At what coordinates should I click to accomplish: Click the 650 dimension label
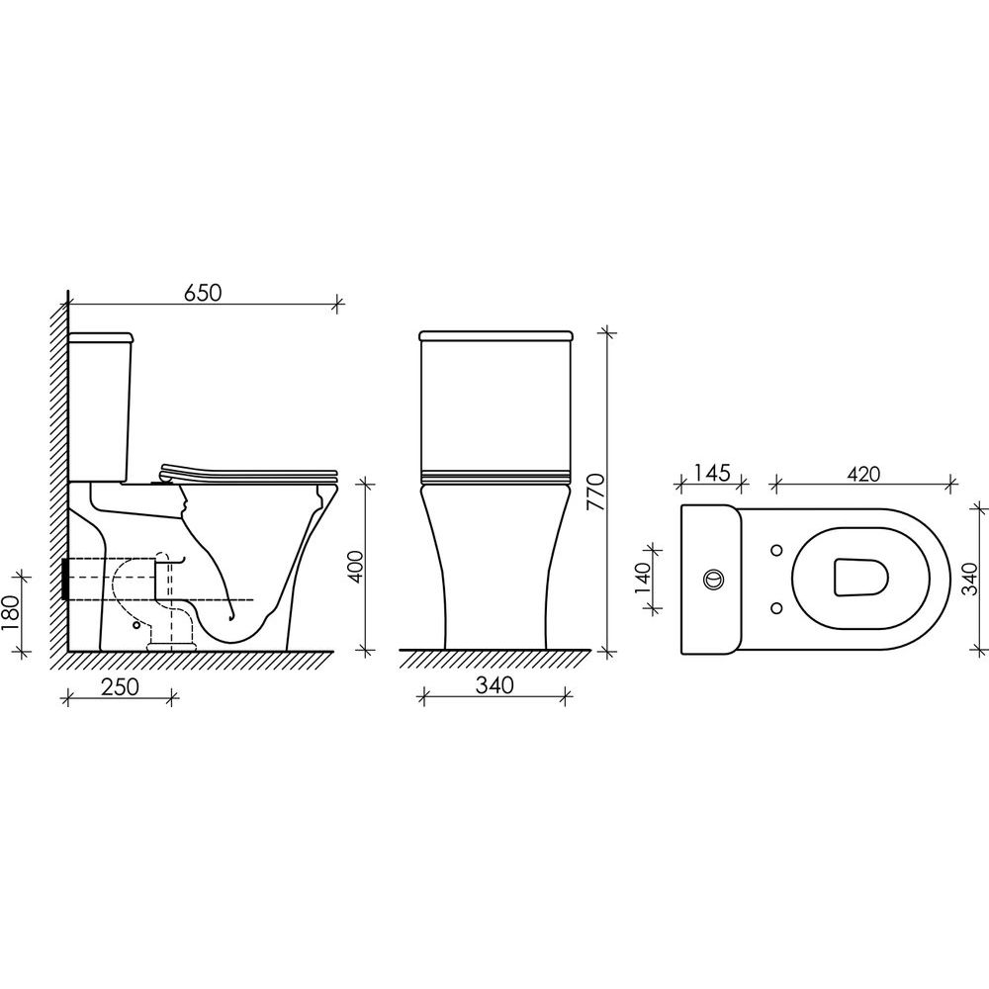pyautogui.click(x=203, y=293)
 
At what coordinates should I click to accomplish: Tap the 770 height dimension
pyautogui.click(x=595, y=492)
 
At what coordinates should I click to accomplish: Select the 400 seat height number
pyautogui.click(x=356, y=567)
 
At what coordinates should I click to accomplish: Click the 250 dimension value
pyautogui.click(x=120, y=687)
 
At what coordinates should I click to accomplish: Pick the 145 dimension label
pyautogui.click(x=712, y=473)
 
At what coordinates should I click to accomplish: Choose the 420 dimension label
pyautogui.click(x=862, y=474)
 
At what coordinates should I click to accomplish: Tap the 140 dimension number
pyautogui.click(x=642, y=579)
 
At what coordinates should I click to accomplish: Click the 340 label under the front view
pyautogui.click(x=494, y=685)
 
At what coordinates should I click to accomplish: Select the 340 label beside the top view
pyautogui.click(x=972, y=579)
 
